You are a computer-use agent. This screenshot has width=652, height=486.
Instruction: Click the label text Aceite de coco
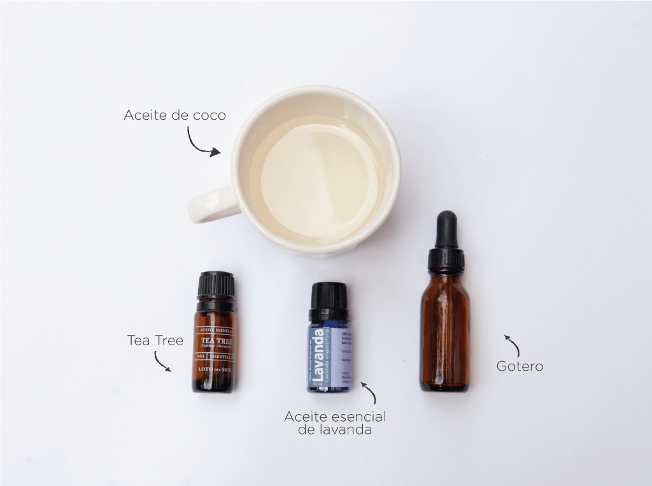(x=174, y=115)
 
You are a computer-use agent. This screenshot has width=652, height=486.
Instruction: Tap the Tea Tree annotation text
(x=155, y=340)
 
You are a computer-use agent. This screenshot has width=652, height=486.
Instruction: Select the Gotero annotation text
(x=520, y=366)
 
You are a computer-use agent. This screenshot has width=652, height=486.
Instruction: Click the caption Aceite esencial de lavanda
(x=335, y=423)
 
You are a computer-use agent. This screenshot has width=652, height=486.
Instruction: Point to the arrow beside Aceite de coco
(x=202, y=143)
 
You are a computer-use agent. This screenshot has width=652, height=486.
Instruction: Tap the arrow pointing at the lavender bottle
(x=369, y=392)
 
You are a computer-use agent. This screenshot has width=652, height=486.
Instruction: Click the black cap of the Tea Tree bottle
(x=215, y=285)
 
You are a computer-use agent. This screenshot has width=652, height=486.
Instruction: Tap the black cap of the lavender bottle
(x=329, y=297)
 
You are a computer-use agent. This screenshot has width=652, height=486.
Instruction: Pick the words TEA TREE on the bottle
(x=214, y=340)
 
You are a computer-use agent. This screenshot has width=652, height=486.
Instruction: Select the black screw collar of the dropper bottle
(x=446, y=259)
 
